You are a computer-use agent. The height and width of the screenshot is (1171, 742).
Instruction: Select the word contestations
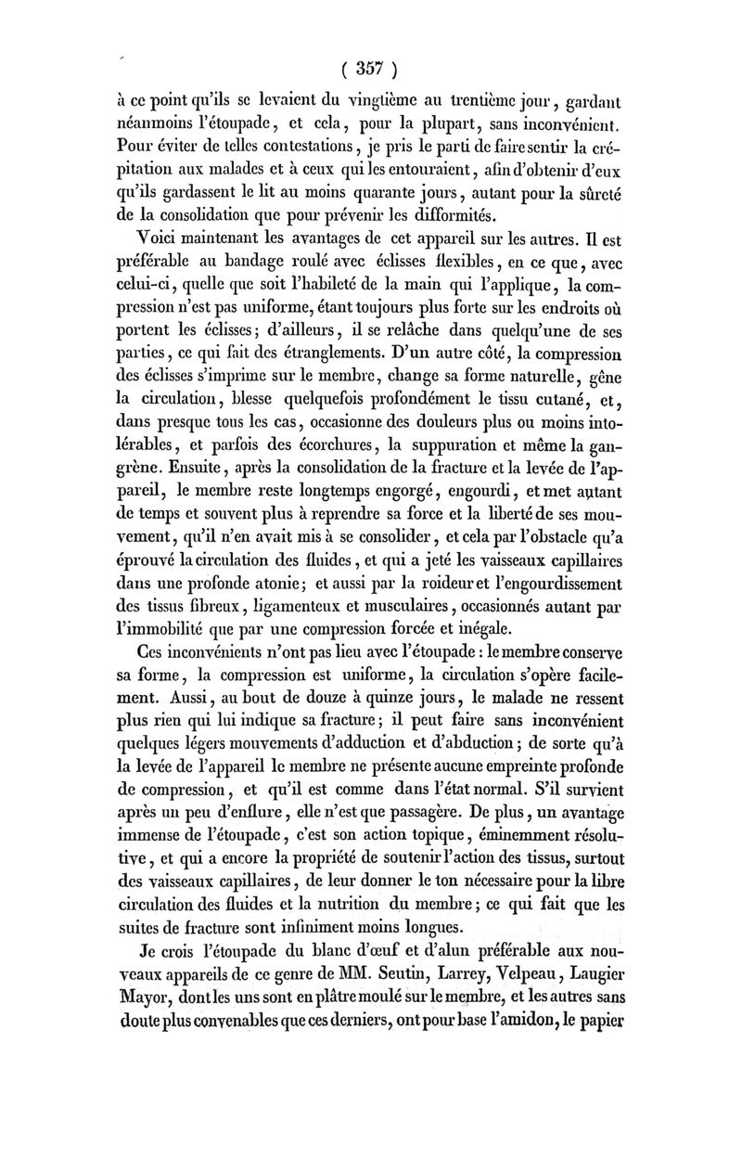point(285,147)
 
